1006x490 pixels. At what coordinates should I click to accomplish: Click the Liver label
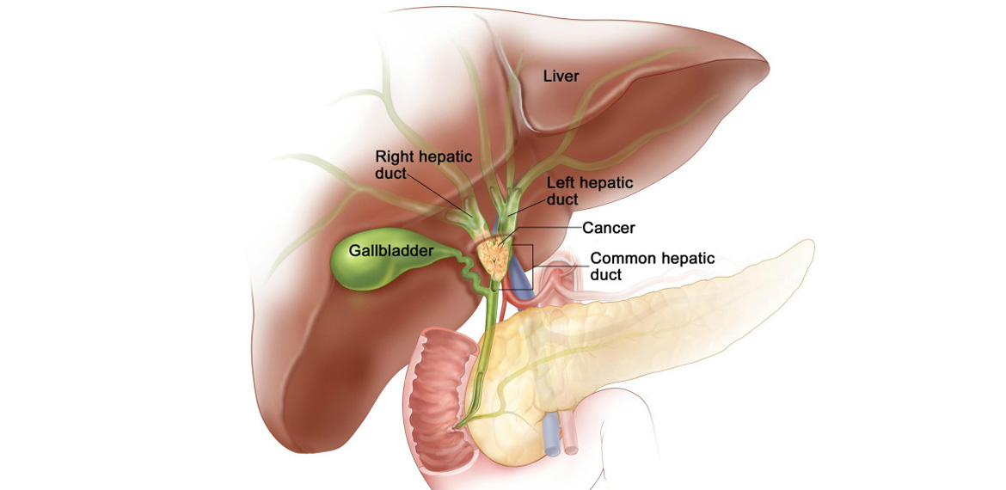pos(561,77)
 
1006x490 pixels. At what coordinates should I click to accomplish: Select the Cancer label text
pos(608,227)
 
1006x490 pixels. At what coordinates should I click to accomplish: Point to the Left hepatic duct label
pos(590,191)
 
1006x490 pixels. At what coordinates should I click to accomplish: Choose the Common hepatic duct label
pos(651,266)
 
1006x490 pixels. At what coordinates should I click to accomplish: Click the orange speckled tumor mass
pos(496,257)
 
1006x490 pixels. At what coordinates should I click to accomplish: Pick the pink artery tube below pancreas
pos(571,436)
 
